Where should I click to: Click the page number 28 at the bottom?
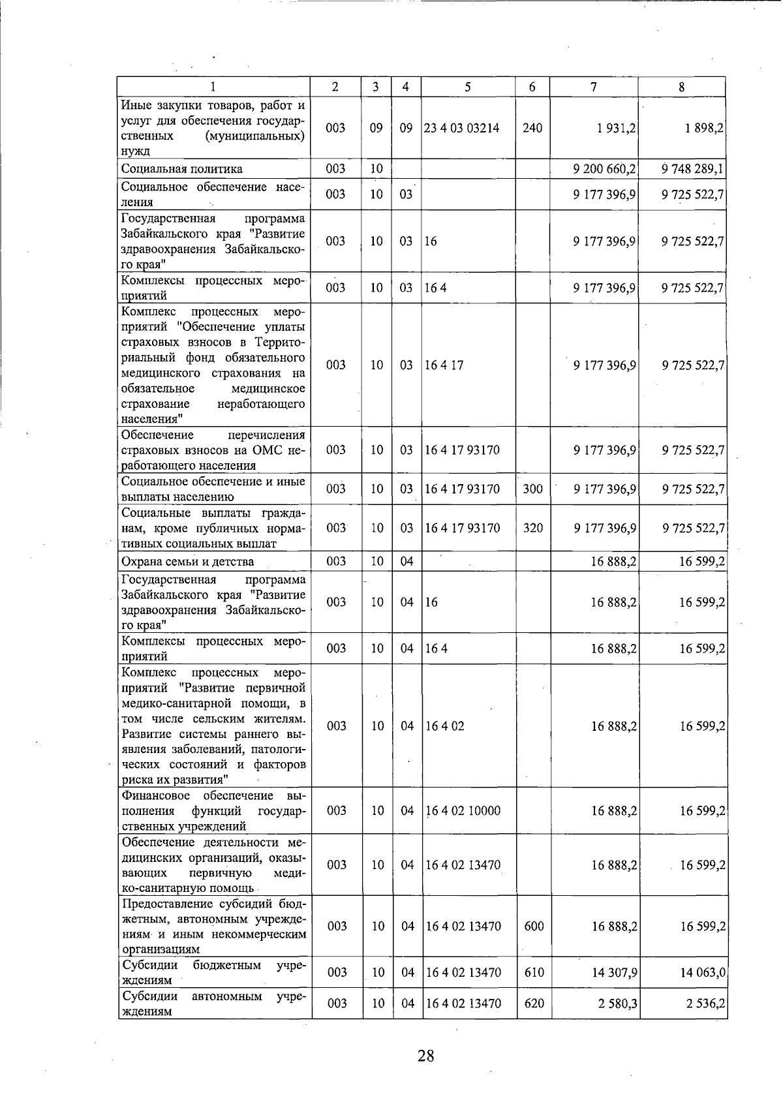425,1055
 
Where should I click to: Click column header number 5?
468,87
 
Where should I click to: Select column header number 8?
681,87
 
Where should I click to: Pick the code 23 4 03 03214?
461,128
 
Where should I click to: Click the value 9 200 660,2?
604,169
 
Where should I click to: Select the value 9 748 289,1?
692,169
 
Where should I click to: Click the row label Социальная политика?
182,169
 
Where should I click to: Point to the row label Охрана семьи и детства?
188,561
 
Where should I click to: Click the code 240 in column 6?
532,128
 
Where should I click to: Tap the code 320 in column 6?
533,528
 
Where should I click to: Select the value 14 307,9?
614,972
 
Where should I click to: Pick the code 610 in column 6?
534,972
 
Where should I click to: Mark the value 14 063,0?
702,972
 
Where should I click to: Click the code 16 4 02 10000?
463,810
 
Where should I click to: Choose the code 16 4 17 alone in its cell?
444,365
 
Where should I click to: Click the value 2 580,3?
617,1003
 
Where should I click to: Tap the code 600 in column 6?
534,926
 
